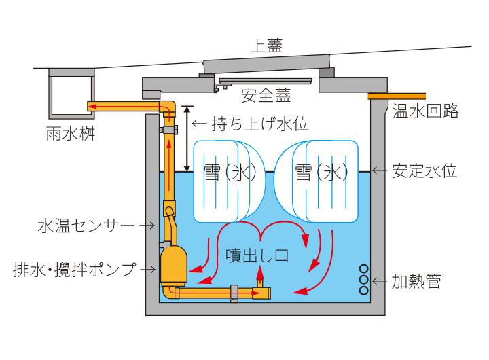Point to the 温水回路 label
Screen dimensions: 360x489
pos(425,111)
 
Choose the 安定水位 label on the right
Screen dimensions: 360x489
pos(424,170)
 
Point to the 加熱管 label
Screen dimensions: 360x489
pos(416,281)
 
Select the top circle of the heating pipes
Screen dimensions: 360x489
pos(363,269)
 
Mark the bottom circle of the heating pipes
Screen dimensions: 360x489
pos(363,291)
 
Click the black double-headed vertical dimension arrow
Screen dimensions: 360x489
pos(187,138)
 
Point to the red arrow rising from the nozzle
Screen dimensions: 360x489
pos(259,275)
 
